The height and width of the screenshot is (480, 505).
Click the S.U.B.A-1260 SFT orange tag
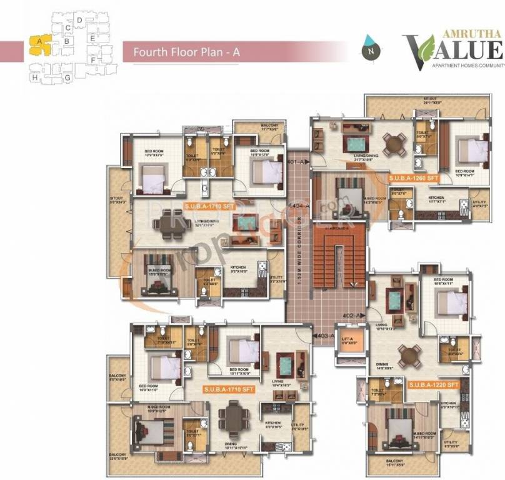[x=414, y=179]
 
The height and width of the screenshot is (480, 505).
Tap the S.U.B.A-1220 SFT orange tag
[x=434, y=384]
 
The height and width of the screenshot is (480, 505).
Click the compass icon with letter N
[x=371, y=47]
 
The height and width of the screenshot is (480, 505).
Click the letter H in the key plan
[x=34, y=77]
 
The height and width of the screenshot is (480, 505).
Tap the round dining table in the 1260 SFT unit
[x=394, y=143]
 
